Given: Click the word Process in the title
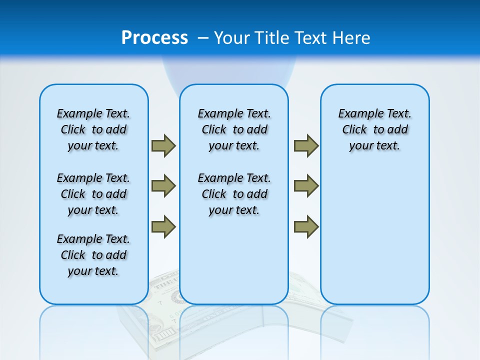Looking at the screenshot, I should click(x=154, y=37).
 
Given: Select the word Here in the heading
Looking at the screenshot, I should click(x=353, y=37).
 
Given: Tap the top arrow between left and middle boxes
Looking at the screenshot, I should click(x=163, y=145).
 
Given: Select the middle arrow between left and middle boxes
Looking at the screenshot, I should click(x=163, y=186).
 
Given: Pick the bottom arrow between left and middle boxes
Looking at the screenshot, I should click(x=163, y=226).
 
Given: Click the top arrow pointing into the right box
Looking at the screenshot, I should click(x=306, y=145).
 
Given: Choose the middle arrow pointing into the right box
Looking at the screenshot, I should click(x=306, y=186).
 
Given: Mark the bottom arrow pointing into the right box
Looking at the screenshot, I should click(x=306, y=226).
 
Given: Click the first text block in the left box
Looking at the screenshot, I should click(x=93, y=129).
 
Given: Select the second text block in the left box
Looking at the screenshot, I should click(x=93, y=194).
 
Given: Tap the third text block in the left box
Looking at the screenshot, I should click(x=93, y=255).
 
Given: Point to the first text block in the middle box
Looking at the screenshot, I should click(x=234, y=129).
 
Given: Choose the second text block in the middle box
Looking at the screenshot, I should click(x=234, y=194).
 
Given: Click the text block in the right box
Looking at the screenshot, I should click(x=374, y=129).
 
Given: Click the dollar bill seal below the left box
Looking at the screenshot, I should click(x=177, y=297).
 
